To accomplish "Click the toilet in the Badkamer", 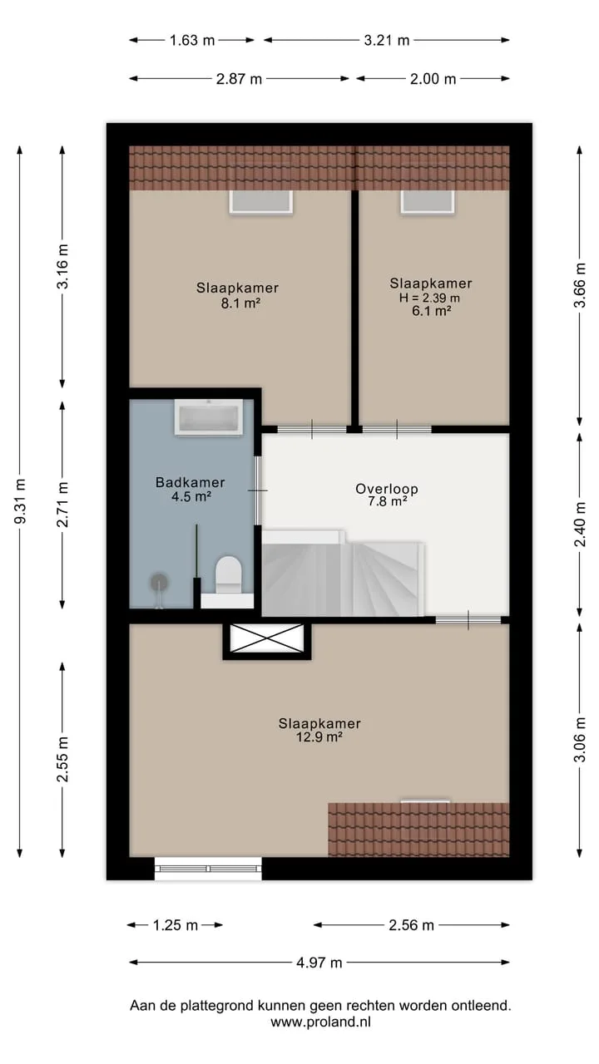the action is point(228,574).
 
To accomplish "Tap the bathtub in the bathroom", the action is point(209,417).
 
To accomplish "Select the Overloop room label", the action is point(387,489).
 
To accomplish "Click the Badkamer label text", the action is point(191,482).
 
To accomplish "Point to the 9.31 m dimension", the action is point(21,501).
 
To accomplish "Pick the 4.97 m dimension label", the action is point(319,963).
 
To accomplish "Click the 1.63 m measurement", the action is point(192,41).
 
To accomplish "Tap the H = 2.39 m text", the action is point(430,298).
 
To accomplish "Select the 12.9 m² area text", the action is point(319,736).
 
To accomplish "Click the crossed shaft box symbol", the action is point(267,638).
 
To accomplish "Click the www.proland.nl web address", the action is point(320,1022).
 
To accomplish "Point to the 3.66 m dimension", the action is point(580,285).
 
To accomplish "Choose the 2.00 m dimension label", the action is point(433,79).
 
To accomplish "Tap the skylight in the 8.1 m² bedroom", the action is point(260,202).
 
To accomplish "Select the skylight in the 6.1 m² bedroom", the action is point(428,202).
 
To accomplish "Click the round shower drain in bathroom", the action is point(160,583).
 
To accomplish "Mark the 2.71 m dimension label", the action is point(62,504).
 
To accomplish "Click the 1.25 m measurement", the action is point(175,925).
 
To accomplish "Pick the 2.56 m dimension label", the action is point(411,925).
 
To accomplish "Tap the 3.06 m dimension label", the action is point(580,739).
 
